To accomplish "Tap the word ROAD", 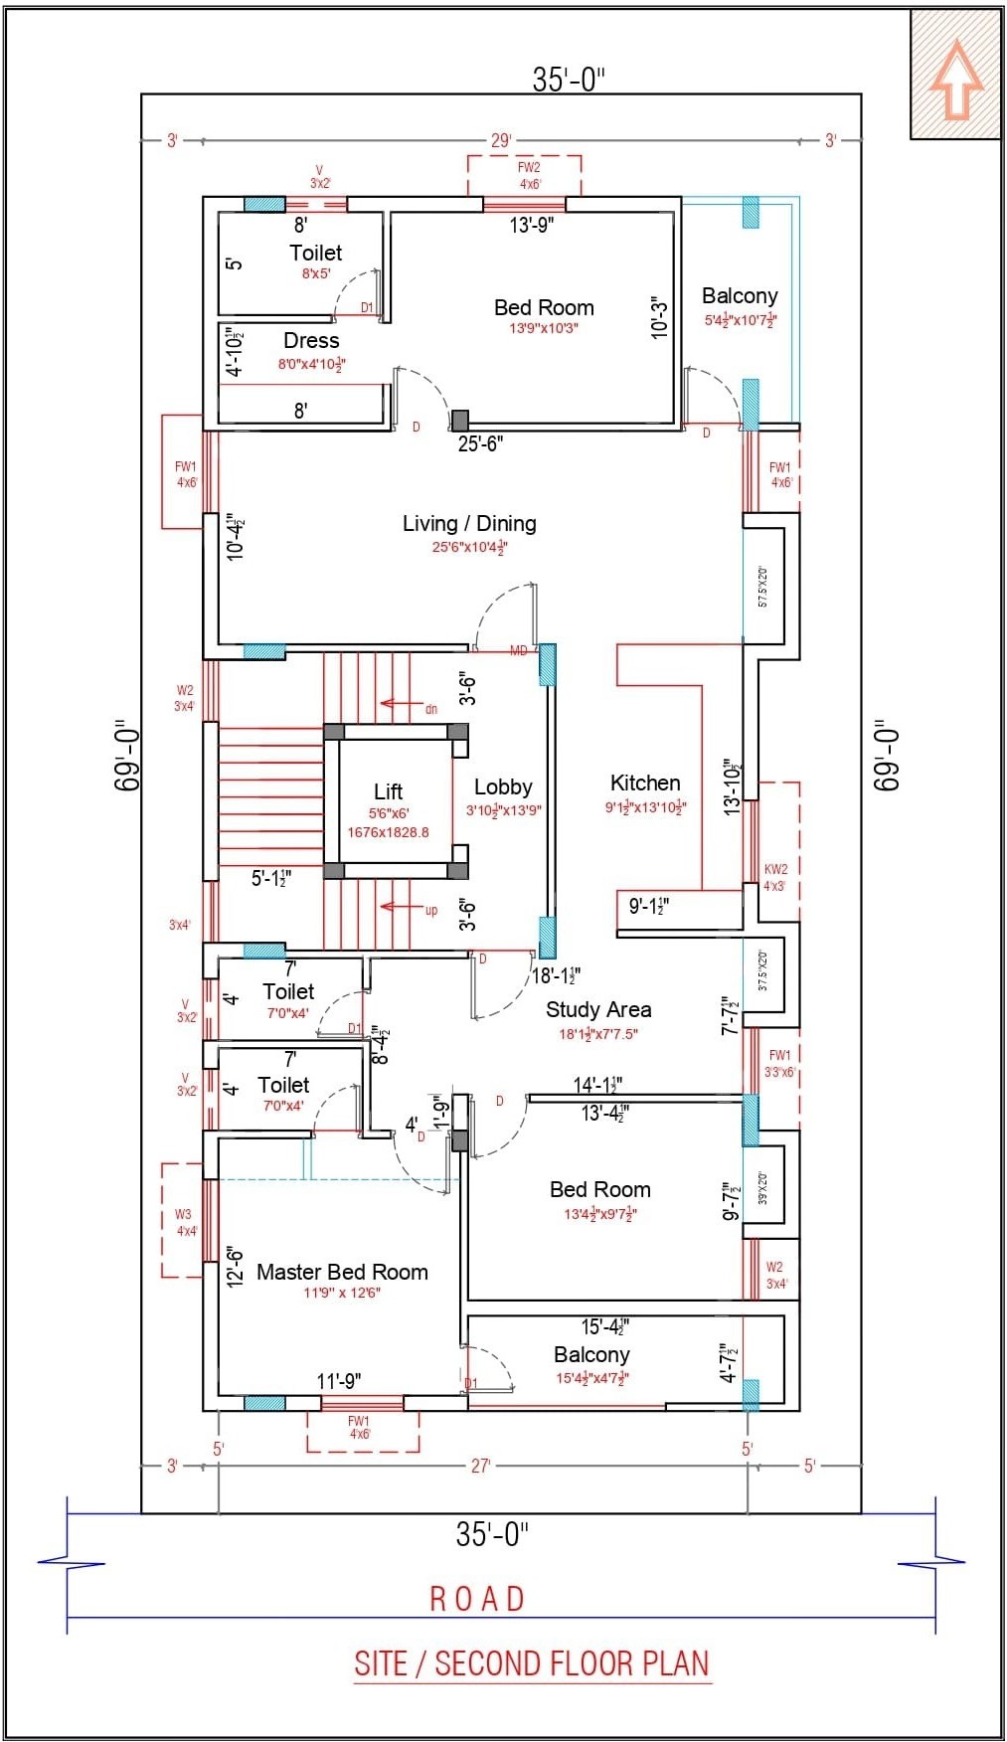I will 477,1598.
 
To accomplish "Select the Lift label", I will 388,791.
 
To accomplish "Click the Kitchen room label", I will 645,784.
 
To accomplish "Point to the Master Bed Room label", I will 342,1272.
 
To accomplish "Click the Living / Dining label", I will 469,523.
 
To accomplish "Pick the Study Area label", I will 598,1009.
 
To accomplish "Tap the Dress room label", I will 311,341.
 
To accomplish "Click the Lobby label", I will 503,787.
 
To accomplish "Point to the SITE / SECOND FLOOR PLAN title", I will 532,1662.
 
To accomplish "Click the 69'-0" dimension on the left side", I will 127,756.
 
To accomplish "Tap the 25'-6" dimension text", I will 480,444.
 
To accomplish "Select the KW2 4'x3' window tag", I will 775,877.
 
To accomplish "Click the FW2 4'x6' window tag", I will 529,176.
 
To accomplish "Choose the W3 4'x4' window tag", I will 184,1222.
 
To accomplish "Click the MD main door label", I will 518,651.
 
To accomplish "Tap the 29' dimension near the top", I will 500,141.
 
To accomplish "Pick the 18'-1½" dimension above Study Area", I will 556,975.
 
